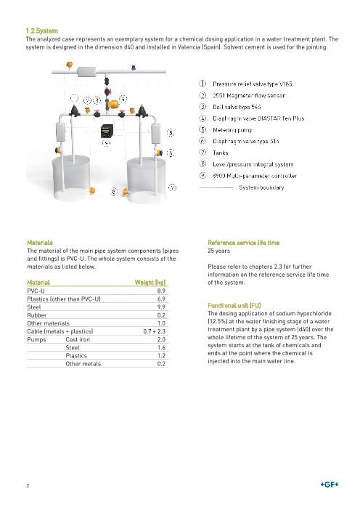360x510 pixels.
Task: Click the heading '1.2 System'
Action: (42, 31)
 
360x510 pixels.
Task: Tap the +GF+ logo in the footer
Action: (330, 485)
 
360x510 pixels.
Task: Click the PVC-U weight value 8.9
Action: (161, 291)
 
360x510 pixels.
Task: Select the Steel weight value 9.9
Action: (161, 307)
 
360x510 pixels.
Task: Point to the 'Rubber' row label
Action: (37, 315)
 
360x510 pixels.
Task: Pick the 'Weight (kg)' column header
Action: (150, 283)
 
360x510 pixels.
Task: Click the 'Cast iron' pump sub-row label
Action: (78, 339)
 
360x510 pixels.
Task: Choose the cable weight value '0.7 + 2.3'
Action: (155, 331)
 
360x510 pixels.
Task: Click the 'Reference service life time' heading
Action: (244, 243)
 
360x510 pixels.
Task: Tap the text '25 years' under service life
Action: (219, 251)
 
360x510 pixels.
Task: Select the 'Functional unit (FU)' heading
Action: (234, 305)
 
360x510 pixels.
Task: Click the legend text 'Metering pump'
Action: (232, 130)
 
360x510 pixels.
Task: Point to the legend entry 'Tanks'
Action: (221, 153)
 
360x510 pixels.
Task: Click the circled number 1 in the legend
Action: (202, 84)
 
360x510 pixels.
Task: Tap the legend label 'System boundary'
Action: (261, 187)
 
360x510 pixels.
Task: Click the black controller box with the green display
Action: (107, 131)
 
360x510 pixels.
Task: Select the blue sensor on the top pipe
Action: (134, 68)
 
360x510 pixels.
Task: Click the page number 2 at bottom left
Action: (28, 485)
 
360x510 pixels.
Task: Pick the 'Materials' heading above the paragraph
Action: (40, 243)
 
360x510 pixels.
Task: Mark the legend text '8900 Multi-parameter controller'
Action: (255, 176)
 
